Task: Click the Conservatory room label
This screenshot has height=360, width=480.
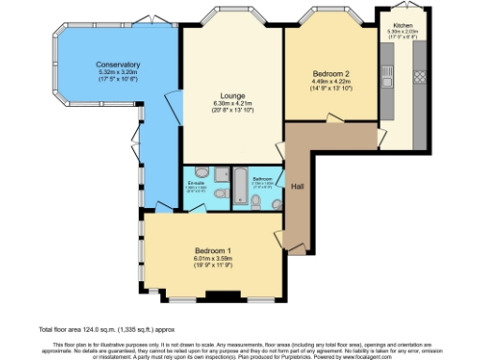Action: (x=116, y=65)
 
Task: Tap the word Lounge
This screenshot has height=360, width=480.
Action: (x=232, y=96)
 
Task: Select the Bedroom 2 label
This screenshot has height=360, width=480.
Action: (x=333, y=73)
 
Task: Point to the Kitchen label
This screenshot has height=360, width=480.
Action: (x=402, y=25)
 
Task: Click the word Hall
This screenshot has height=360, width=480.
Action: (x=297, y=185)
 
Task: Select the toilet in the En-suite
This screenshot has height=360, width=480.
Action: (x=220, y=193)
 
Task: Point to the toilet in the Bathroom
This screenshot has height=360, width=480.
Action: (x=255, y=199)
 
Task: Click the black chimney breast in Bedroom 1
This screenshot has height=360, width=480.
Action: (x=218, y=298)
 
